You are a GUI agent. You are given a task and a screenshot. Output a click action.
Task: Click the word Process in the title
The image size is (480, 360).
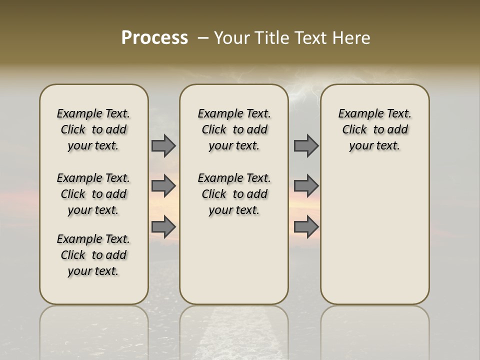154,37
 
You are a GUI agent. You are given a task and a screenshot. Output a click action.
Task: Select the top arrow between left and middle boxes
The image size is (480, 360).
163,145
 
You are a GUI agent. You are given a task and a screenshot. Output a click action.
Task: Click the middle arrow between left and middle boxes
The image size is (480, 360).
163,186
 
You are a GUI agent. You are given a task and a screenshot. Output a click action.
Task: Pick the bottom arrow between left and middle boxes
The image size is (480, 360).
163,227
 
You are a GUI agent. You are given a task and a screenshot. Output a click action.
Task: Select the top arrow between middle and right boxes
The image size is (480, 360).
306,145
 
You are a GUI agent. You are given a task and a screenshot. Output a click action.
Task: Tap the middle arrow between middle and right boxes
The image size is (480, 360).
306,186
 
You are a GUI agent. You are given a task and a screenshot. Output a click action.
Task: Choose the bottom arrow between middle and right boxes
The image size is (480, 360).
306,227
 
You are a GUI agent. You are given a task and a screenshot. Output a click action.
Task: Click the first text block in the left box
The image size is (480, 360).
93,129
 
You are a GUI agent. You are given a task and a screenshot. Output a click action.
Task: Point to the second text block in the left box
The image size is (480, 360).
93,194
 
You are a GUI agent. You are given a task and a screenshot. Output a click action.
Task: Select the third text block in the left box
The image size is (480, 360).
93,255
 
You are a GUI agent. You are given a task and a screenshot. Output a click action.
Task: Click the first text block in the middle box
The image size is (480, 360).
234,129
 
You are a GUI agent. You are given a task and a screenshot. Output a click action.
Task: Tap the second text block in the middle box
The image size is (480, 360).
234,194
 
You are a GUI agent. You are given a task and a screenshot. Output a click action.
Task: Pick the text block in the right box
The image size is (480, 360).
374,129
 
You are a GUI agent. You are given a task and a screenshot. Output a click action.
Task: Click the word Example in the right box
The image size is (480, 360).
358,114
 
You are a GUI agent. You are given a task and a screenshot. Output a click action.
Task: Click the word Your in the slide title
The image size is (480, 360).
232,38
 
